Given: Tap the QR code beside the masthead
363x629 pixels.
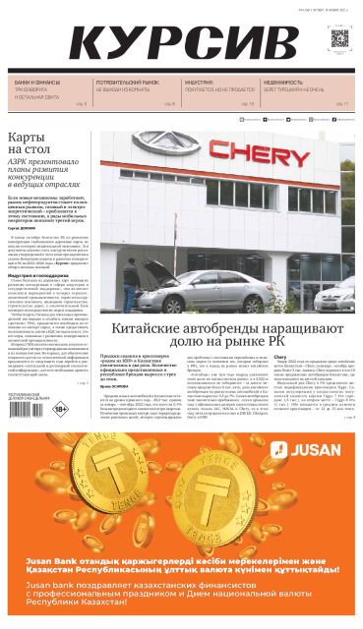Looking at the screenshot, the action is [338, 39].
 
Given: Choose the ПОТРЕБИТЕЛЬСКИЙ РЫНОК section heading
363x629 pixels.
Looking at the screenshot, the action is [127, 83].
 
